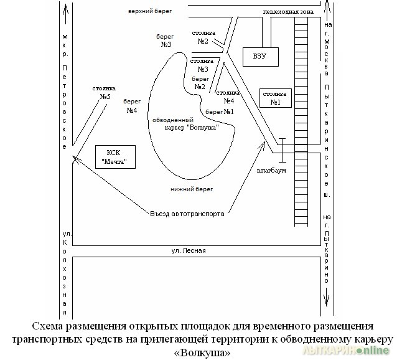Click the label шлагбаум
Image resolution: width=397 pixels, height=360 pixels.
pos(271,171)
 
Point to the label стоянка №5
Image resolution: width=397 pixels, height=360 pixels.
pos(104,92)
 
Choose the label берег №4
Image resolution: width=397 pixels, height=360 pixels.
pos(132,106)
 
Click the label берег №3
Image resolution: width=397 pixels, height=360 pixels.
pos(165,40)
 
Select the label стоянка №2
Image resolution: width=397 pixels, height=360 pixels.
pos(203,37)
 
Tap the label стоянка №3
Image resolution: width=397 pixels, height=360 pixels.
pos(202,65)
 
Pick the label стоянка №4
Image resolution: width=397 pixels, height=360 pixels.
pos(228,97)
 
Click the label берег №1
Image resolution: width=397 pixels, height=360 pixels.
pos(220,111)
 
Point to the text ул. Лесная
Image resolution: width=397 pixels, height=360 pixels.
pos(189,251)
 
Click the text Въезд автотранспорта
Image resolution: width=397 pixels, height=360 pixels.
pos(187,214)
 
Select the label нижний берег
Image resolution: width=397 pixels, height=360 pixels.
pos(192,189)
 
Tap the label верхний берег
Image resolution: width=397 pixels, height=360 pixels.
pos(150,11)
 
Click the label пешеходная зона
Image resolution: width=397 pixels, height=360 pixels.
pos(288,12)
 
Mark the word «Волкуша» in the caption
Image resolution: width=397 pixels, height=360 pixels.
pos(202,353)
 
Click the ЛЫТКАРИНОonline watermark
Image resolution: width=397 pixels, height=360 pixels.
pos(345,350)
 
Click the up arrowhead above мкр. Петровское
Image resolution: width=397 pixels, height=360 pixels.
pos(66,9)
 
